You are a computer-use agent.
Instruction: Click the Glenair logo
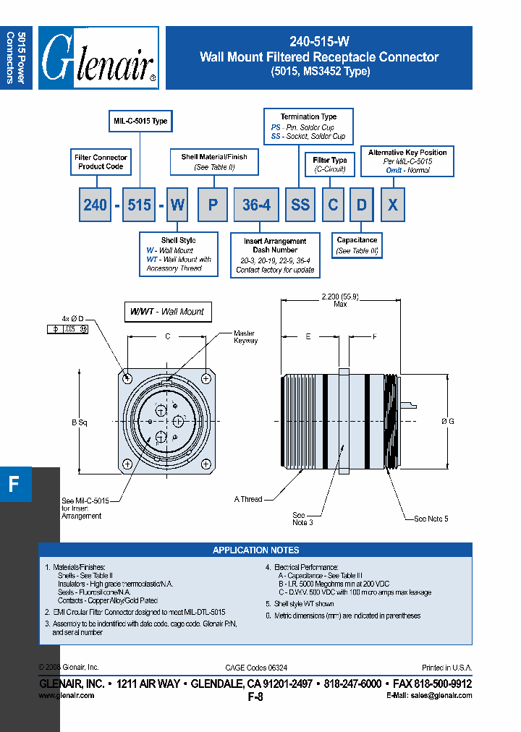[x=98, y=58]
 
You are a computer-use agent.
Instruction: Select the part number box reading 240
[x=95, y=205]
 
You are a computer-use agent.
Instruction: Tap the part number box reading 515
[x=139, y=205]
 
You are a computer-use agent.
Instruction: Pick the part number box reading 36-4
[x=256, y=205]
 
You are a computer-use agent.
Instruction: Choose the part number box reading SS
[x=300, y=205]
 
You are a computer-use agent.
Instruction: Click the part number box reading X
[x=392, y=205]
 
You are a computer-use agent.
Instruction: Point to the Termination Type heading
[x=308, y=116]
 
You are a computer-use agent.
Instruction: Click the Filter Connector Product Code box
[x=101, y=162]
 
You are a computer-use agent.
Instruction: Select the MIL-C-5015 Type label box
[x=140, y=121]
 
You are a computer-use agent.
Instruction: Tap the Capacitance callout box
[x=357, y=244]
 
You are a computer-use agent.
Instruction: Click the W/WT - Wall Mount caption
[x=166, y=312]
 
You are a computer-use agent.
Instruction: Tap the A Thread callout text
[x=248, y=499]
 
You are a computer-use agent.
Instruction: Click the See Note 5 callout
[x=431, y=519]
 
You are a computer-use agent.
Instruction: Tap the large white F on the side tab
[x=14, y=485]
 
